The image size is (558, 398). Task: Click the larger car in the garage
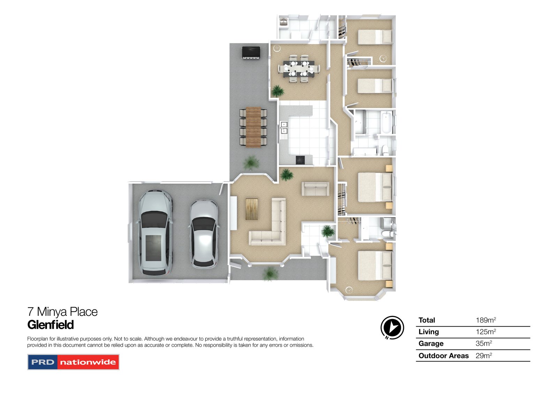[155, 233]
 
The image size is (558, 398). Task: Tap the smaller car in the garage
[204, 233]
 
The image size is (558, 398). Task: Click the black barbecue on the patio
[251, 52]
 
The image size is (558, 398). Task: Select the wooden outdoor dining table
[253, 127]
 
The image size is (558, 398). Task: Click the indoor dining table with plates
[299, 68]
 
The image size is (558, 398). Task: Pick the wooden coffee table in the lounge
[251, 209]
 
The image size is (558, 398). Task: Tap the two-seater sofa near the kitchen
[315, 189]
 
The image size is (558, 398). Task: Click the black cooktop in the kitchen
[300, 160]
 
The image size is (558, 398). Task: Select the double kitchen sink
[284, 128]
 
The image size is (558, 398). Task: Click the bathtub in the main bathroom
[387, 122]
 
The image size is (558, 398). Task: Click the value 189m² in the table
[485, 320]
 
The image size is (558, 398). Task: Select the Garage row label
[431, 343]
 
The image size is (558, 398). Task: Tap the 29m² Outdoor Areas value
[483, 356]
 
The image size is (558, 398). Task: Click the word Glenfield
[51, 325]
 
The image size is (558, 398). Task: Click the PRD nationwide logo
[73, 362]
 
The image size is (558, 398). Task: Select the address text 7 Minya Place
[62, 312]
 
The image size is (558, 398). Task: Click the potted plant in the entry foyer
[328, 231]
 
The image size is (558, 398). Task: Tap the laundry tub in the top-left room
[283, 22]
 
